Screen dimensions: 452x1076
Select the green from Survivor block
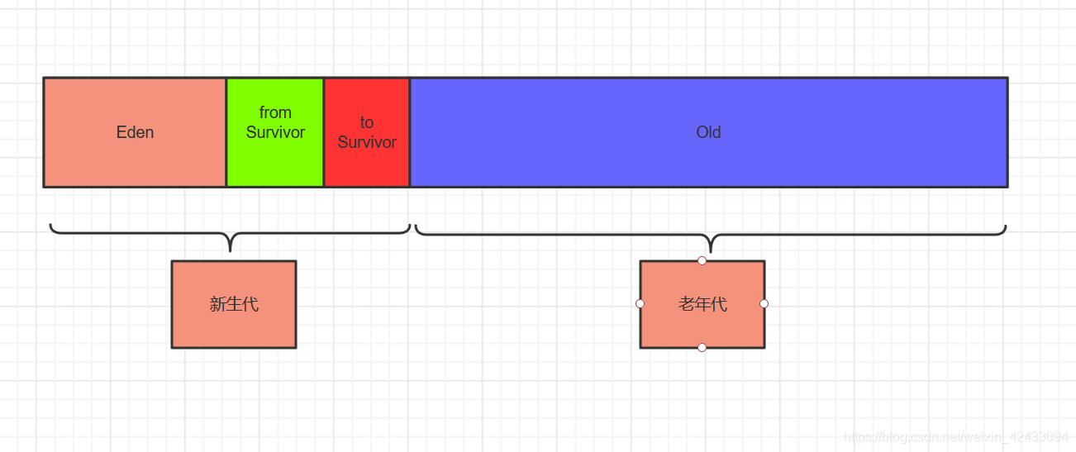[x=275, y=161]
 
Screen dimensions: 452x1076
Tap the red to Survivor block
[x=367, y=165]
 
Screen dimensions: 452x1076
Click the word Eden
[x=135, y=132]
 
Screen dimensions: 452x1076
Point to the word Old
[x=708, y=132]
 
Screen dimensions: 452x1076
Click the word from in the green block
[x=275, y=112]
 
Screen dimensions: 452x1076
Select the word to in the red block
[x=367, y=122]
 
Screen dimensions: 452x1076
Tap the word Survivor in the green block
[x=275, y=132]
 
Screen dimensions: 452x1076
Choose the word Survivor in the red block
[x=367, y=142]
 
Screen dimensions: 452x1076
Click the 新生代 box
[x=234, y=326]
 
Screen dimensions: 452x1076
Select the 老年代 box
[x=702, y=326]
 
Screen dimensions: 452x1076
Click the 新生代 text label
[x=234, y=304]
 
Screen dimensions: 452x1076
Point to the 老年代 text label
[x=702, y=304]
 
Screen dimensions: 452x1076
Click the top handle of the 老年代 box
[x=702, y=260]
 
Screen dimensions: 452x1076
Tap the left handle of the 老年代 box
[x=640, y=303]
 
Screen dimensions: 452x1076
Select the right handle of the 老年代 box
[x=764, y=303]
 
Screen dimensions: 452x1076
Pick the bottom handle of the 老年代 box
[x=702, y=347]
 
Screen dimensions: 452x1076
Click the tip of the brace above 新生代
[x=231, y=250]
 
